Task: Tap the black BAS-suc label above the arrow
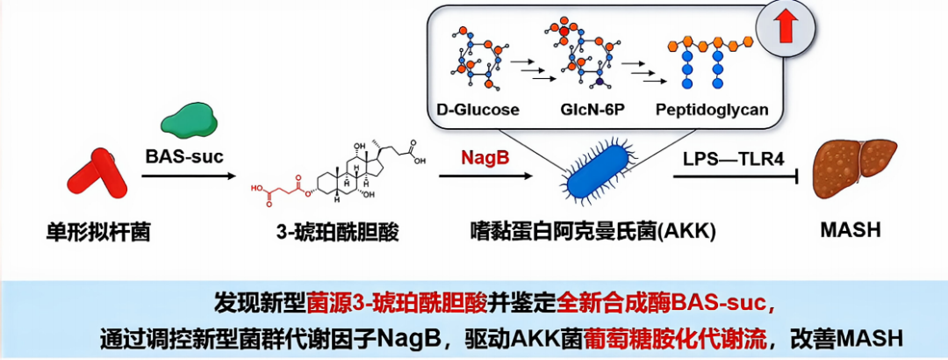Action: [184, 156]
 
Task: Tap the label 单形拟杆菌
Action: [98, 231]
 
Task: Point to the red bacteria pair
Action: [95, 172]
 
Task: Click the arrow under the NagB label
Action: [485, 176]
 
